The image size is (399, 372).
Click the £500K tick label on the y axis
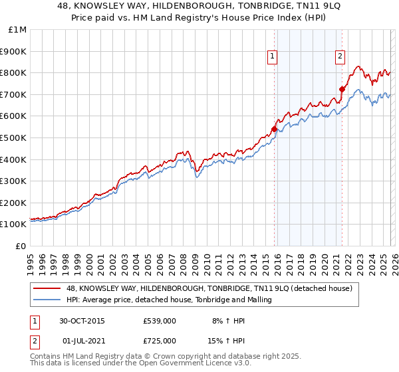(13, 138)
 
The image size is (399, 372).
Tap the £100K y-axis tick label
(13, 225)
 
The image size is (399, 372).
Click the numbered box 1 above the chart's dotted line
(273, 57)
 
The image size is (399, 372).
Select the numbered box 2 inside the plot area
(340, 57)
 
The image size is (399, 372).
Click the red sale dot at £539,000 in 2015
(274, 130)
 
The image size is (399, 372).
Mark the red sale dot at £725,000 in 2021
(342, 89)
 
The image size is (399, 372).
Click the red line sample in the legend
(47, 288)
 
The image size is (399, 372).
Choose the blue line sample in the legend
(47, 300)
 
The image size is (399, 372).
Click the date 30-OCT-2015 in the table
(82, 320)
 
